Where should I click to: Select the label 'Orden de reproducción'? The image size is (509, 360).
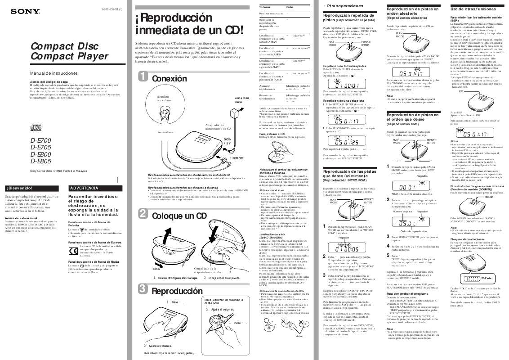[410, 230]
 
